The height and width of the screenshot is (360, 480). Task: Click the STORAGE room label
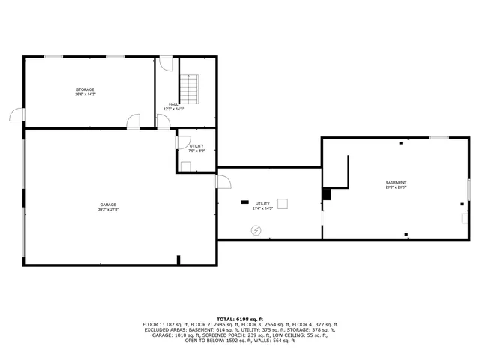(85, 89)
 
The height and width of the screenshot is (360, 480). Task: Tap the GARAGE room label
(107, 205)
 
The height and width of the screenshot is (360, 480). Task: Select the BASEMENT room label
(396, 183)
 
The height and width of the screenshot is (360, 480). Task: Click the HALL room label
(173, 104)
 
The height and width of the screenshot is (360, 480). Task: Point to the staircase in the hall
(190, 89)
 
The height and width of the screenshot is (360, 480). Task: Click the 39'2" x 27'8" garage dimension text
(107, 210)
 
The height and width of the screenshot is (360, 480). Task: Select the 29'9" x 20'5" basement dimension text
(396, 188)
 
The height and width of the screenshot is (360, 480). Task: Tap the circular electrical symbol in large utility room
(256, 230)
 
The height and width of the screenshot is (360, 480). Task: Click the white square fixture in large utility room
(283, 202)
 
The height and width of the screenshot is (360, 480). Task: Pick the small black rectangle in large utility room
(244, 202)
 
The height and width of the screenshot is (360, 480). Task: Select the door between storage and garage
(133, 121)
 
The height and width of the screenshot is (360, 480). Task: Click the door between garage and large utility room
(223, 181)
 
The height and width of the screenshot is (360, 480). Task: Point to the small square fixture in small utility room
(185, 166)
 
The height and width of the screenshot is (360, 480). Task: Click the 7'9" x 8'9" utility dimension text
(196, 151)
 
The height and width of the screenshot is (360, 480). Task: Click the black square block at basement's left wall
(326, 193)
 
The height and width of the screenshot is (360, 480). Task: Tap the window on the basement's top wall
(439, 137)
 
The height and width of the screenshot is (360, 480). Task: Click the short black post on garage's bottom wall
(178, 260)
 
